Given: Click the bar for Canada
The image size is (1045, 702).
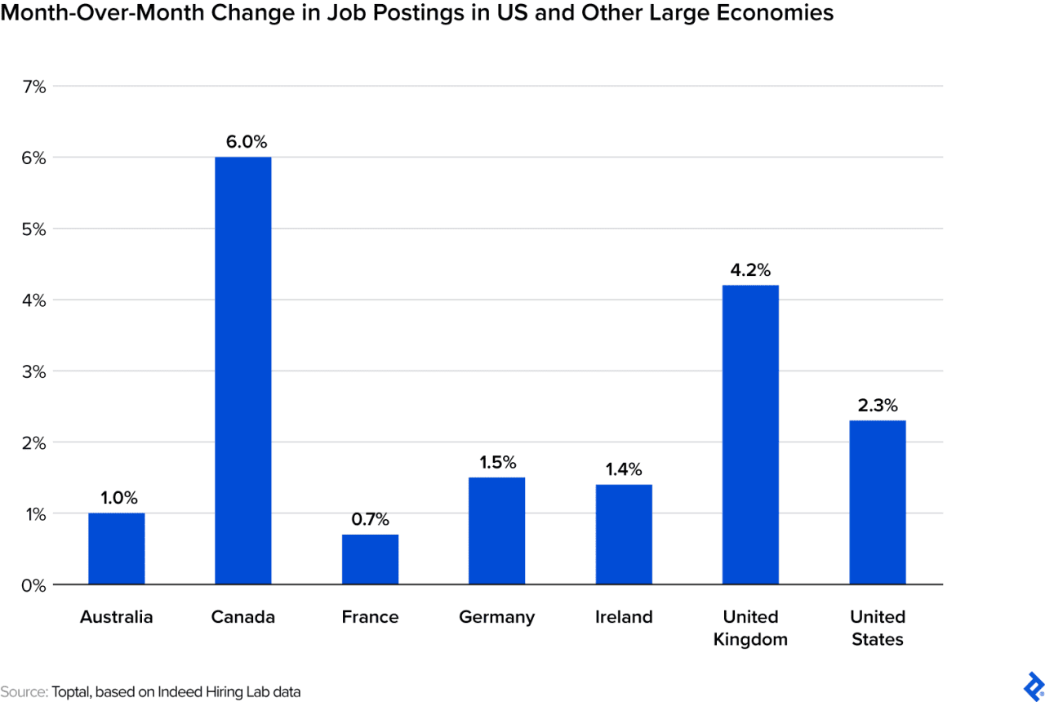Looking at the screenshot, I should click(x=242, y=371).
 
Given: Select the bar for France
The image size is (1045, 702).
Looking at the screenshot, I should click(x=370, y=559).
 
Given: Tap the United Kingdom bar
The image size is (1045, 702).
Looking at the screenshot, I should click(x=750, y=434).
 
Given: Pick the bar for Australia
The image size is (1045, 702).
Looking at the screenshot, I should click(x=116, y=549).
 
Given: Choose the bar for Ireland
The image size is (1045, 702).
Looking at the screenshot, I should click(x=624, y=534).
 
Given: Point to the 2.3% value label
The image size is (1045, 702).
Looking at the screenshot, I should click(x=878, y=405).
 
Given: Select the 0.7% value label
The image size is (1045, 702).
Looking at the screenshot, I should click(x=370, y=519).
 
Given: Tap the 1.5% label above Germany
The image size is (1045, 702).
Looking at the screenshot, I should click(x=496, y=462).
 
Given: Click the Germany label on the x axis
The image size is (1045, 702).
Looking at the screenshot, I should click(x=496, y=617).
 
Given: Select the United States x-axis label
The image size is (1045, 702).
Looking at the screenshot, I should click(x=878, y=628).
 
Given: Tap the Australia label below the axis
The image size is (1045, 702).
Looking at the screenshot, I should click(x=116, y=617).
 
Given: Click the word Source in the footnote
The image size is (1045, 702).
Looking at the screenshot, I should click(x=23, y=691).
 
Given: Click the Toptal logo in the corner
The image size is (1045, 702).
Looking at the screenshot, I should click(x=1033, y=684).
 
